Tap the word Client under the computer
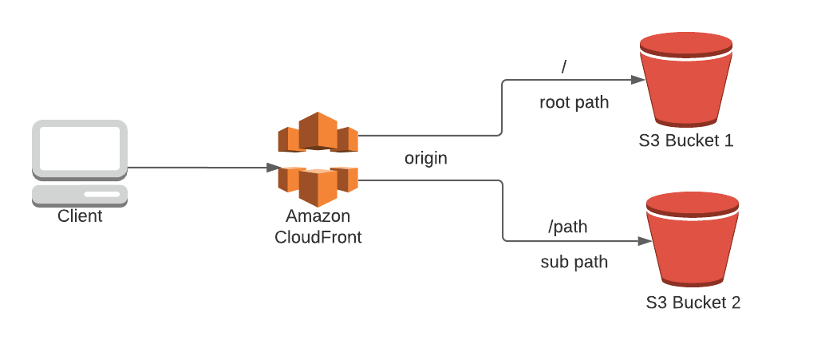[80, 216]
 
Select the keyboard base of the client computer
[80, 195]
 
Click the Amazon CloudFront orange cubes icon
[318, 159]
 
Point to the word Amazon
[318, 217]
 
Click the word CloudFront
[318, 237]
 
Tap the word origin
[425, 158]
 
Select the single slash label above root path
[564, 68]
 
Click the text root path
[574, 102]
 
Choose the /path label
[567, 227]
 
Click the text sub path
[574, 262]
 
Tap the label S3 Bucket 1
[685, 141]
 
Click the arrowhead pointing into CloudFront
[271, 168]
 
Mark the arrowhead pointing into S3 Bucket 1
[637, 80]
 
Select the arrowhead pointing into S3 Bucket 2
[643, 239]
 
